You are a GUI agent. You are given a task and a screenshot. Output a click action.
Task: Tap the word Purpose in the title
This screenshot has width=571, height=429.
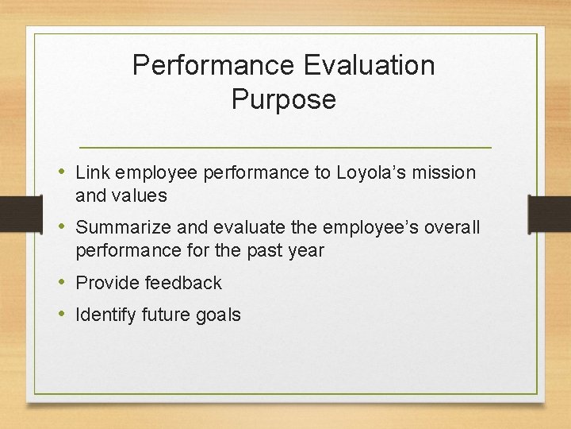point(284,100)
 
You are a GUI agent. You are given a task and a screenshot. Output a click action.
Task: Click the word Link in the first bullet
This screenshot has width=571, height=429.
point(93,172)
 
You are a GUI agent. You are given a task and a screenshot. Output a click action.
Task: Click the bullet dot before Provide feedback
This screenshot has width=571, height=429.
point(63,283)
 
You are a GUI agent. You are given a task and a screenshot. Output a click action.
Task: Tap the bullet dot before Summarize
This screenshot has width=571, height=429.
point(63,227)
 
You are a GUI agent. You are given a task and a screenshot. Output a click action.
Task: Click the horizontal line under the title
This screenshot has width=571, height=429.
point(285,148)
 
